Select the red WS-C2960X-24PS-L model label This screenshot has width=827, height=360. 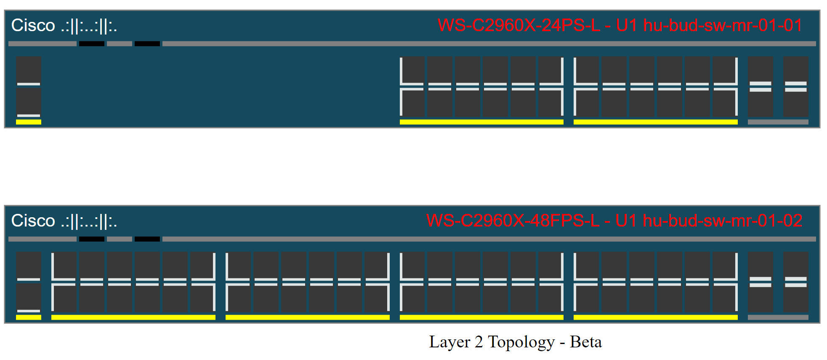(x=519, y=26)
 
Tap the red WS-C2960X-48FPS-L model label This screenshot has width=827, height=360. (x=513, y=221)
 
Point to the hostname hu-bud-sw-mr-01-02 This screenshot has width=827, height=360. (x=723, y=221)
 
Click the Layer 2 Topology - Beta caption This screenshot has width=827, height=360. (x=515, y=342)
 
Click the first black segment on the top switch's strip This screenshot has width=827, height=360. (x=92, y=44)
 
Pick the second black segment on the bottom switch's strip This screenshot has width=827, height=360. (x=147, y=239)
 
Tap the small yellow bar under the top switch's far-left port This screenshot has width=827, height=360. (x=29, y=122)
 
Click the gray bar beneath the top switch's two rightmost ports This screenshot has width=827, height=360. (x=778, y=122)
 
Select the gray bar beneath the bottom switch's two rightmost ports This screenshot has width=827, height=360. (x=778, y=317)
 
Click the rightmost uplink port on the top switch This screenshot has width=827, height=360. (x=796, y=86)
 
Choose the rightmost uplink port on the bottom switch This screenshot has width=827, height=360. (x=796, y=282)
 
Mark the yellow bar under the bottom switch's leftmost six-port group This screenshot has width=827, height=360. (x=133, y=317)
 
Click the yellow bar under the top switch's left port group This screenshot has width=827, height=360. (x=481, y=122)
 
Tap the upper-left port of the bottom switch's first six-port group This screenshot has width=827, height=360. (x=64, y=265)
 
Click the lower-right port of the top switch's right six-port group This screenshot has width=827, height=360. (x=725, y=103)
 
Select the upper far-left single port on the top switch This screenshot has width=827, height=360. (x=29, y=70)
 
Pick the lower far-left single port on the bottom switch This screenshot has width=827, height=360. (x=29, y=298)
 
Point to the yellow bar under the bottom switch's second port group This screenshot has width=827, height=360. (x=308, y=317)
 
